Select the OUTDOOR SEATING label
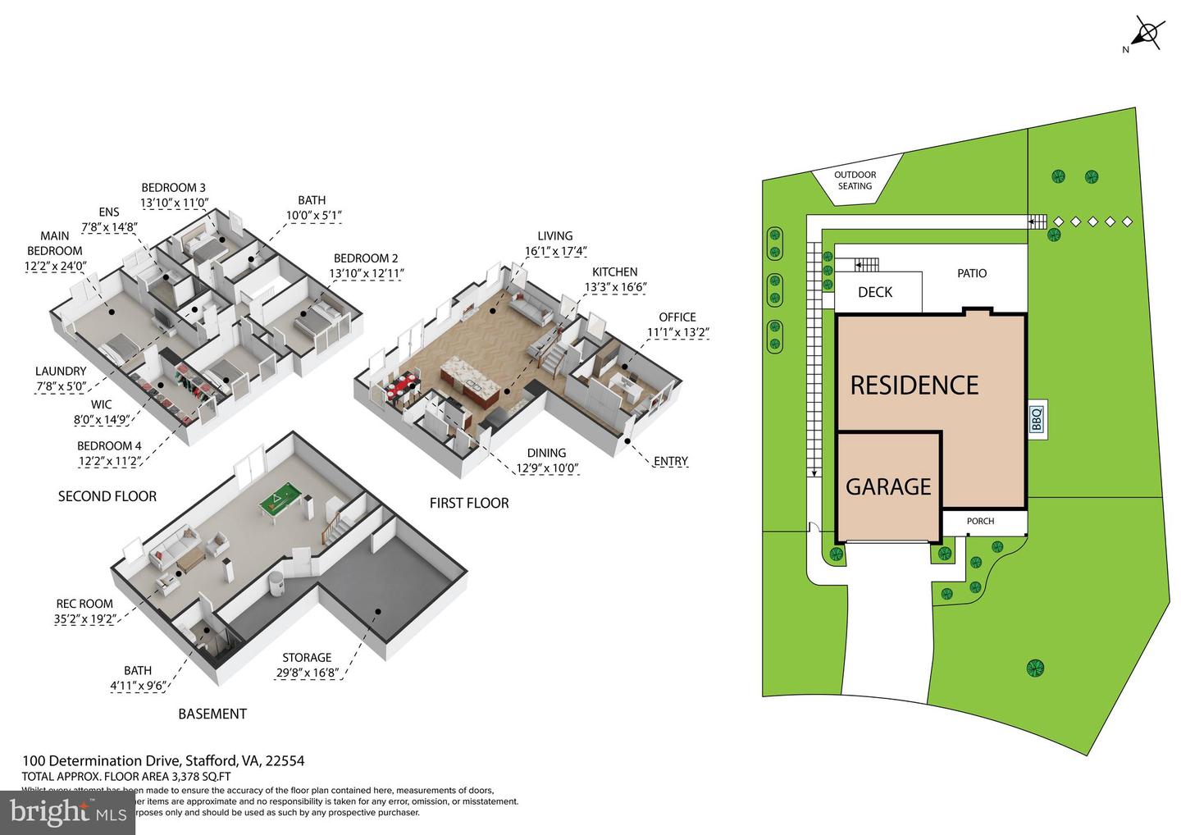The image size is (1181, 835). coord(855,180)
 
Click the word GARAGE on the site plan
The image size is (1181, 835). coord(888,487)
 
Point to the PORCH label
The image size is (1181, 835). coord(980,521)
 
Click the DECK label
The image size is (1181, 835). coord(874,292)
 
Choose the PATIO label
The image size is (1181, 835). coord(972,273)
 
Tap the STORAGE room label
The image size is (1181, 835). coord(307,657)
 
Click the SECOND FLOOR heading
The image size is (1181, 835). coord(107,496)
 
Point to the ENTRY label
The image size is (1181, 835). coord(670,461)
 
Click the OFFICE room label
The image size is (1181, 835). coord(677,317)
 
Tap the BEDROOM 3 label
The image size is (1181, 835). coord(173,187)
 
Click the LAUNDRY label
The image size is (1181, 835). coord(60,371)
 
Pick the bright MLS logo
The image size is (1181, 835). coord(67,812)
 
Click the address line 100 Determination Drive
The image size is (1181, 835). coord(162,760)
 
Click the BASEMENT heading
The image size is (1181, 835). coord(212,714)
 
